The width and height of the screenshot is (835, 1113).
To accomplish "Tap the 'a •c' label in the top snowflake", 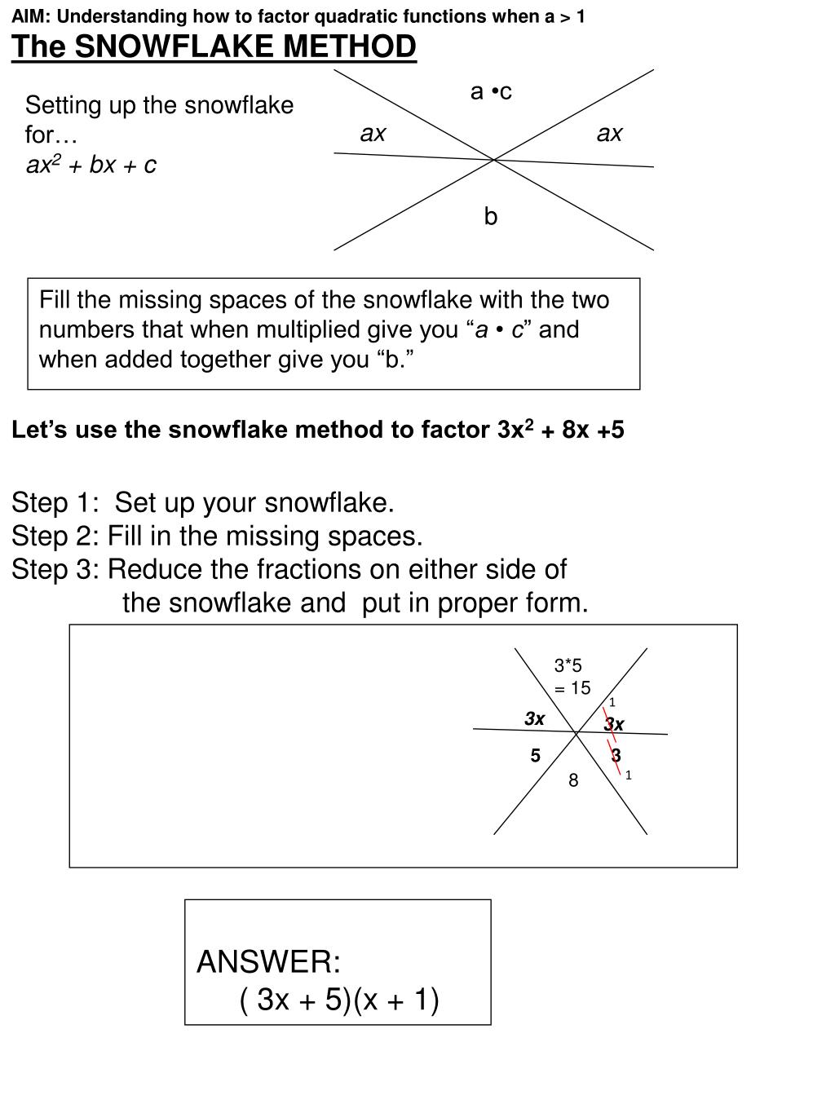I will tap(491, 91).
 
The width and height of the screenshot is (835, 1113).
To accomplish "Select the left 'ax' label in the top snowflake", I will tap(373, 134).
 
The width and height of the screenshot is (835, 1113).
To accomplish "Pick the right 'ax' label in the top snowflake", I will tap(609, 134).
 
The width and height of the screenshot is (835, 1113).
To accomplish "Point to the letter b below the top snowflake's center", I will tap(490, 216).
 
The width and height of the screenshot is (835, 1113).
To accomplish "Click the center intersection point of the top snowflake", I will tap(494, 160).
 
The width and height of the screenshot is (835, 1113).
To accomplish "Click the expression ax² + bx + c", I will tap(91, 166).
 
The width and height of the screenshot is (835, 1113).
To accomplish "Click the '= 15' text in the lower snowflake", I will tap(572, 688).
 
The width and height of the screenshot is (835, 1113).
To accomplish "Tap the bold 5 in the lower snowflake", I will tap(535, 756).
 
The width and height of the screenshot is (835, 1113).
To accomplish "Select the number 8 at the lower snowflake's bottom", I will tap(573, 781).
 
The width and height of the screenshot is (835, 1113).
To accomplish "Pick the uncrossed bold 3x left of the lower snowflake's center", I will tap(534, 718).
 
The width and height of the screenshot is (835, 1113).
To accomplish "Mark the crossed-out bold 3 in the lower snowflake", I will tap(616, 756).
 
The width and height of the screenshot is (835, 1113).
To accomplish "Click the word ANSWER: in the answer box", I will tap(268, 962).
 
